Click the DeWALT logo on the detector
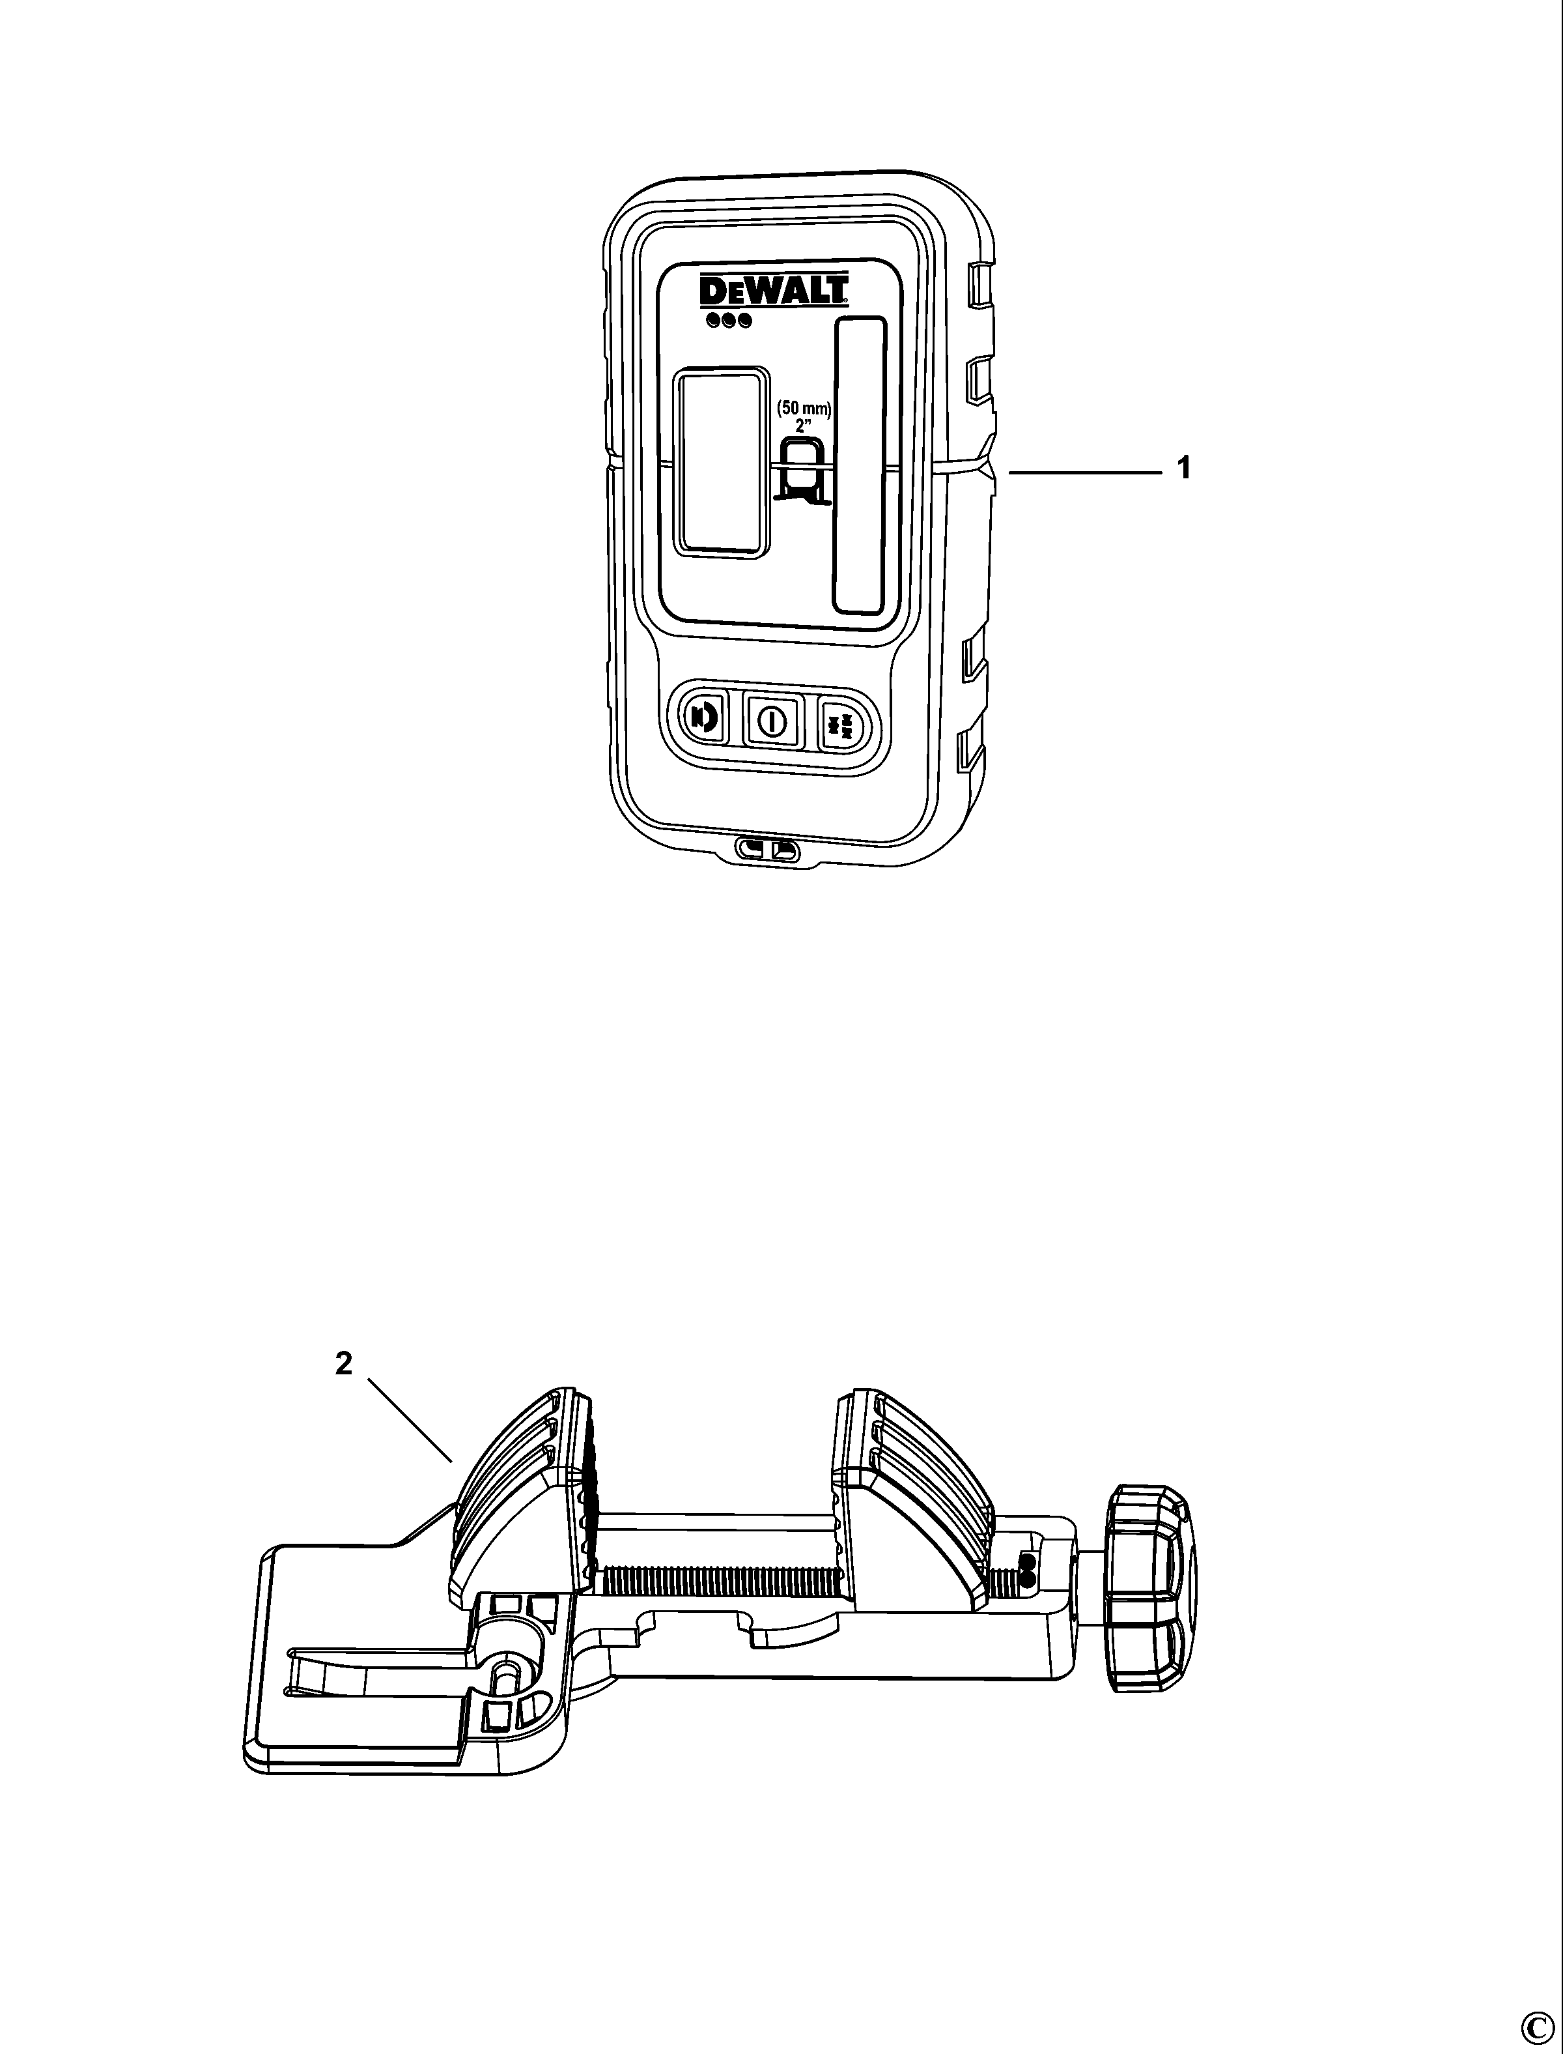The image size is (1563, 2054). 773,291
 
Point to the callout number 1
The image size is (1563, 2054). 1183,468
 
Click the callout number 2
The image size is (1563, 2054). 345,1363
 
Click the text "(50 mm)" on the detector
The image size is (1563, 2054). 804,409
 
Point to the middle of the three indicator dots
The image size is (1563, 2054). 729,321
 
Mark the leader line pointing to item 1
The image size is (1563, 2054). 1086,474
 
